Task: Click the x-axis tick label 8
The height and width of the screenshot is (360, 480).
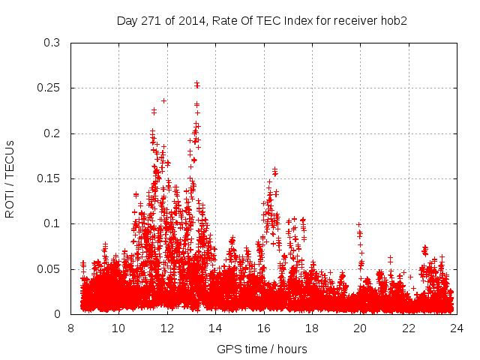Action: point(70,328)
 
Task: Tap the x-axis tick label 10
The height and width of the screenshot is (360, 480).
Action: point(118,328)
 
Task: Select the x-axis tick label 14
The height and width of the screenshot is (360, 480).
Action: point(215,328)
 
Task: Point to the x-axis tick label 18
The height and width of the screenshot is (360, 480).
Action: point(312,328)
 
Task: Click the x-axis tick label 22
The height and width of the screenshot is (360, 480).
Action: point(409,328)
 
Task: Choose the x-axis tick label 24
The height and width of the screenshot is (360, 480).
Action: point(457,328)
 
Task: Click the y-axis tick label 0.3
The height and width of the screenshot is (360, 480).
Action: point(54,43)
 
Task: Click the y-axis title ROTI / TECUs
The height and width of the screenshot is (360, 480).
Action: point(10,178)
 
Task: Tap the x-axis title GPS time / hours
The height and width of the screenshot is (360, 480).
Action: point(262,349)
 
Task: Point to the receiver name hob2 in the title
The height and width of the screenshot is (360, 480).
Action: point(393,20)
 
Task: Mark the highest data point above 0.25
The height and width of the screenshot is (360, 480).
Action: point(196,83)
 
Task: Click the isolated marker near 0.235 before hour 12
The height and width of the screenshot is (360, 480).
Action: point(163,100)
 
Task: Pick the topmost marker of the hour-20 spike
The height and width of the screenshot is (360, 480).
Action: point(358,224)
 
